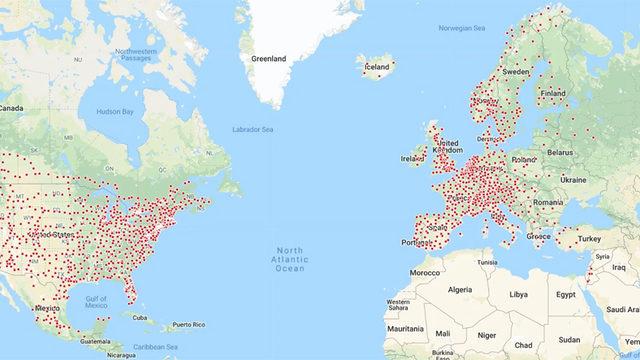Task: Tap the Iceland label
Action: coord(377,68)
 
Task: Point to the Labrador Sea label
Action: coord(253,129)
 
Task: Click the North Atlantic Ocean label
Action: coord(290,258)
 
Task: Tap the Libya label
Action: coord(519,295)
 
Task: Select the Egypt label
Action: coord(566,296)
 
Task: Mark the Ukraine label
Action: coord(573,179)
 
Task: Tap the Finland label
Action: coord(554,93)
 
